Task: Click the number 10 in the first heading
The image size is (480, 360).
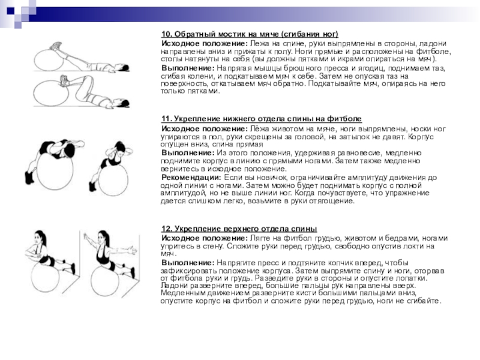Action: [x=167, y=35]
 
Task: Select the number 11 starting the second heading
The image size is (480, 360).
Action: [x=167, y=120]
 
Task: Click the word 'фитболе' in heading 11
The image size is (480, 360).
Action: [x=346, y=120]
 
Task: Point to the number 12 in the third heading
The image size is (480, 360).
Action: [x=167, y=230]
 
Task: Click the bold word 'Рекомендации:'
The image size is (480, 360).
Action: [x=191, y=178]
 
